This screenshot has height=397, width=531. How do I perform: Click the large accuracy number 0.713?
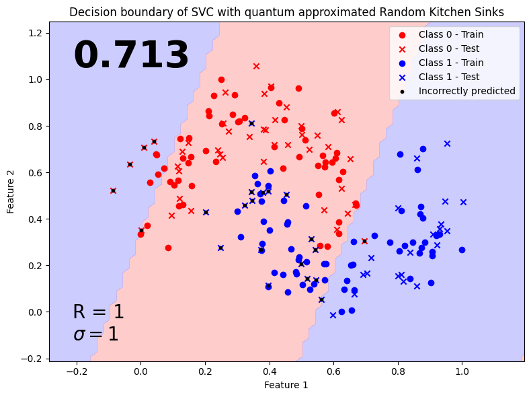131,56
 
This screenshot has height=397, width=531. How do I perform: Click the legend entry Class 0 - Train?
450,34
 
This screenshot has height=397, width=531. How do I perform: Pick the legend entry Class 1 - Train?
450,63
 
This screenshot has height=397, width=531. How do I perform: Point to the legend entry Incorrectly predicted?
466,91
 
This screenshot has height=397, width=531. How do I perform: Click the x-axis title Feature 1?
286,385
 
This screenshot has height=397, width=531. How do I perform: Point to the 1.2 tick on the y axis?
36,33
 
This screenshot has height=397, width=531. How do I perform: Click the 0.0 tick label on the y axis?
36,312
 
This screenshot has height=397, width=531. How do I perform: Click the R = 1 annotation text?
99,312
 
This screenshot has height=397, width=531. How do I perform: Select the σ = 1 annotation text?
95,334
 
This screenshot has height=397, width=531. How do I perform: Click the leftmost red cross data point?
113,190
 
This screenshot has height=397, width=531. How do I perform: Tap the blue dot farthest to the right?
462,250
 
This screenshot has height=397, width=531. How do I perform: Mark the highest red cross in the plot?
256,66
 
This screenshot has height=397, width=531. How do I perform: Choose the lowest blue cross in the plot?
333,315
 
